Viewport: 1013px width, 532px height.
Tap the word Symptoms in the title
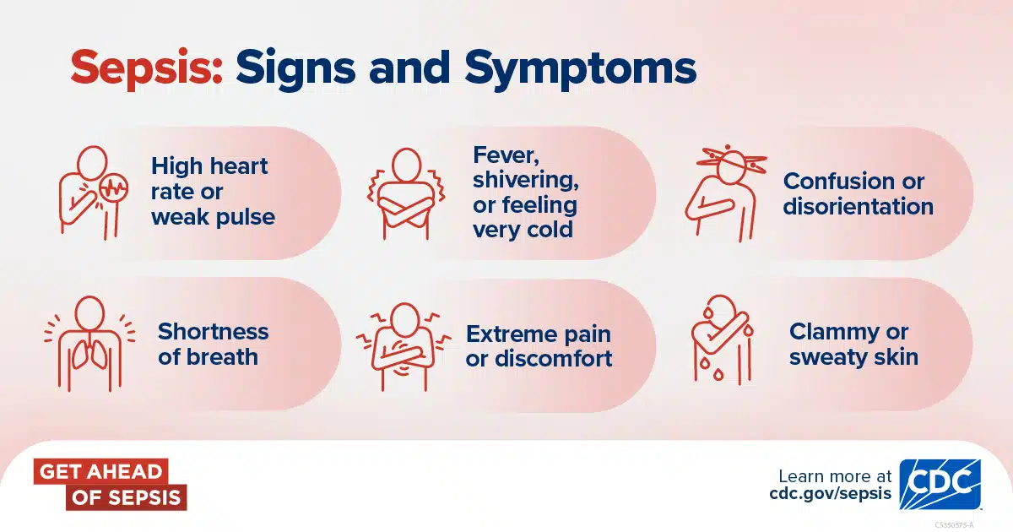(x=581, y=68)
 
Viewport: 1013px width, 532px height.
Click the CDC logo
(x=940, y=485)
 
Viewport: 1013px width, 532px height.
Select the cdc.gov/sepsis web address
(x=830, y=492)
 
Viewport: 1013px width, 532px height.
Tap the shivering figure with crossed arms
(x=406, y=193)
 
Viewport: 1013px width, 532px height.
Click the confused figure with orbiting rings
(x=725, y=193)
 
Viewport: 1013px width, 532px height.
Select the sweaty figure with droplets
(x=722, y=340)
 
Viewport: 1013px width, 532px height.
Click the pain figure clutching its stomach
(x=404, y=346)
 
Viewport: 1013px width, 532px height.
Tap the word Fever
(x=506, y=155)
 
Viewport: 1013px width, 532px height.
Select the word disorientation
(x=859, y=207)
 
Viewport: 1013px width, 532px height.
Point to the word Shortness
(x=213, y=332)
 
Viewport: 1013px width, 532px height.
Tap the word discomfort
(x=554, y=359)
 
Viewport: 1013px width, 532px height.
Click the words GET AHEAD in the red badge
(x=100, y=472)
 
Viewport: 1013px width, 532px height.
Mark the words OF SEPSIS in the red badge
(x=126, y=497)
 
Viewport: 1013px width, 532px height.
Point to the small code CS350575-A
(x=954, y=525)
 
